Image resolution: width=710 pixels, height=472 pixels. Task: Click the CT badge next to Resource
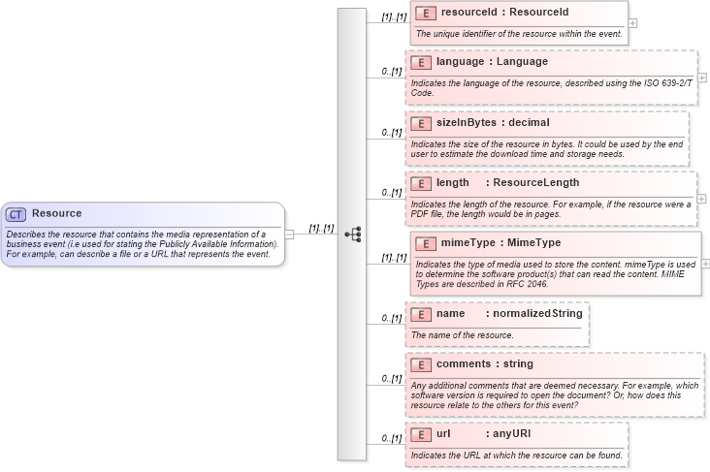16,214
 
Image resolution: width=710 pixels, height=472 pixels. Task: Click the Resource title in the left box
56,213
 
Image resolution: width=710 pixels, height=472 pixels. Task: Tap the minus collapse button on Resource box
289,234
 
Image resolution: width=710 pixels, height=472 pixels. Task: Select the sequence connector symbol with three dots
353,234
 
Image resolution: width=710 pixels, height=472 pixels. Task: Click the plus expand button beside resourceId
632,22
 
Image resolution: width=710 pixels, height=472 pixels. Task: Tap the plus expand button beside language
702,78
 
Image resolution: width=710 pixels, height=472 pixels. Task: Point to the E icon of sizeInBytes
421,123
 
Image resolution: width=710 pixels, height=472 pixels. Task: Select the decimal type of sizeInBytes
529,123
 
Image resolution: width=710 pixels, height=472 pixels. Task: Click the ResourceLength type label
535,182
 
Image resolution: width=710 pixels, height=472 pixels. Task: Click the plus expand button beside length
702,198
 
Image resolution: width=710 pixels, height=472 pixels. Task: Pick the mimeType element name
467,242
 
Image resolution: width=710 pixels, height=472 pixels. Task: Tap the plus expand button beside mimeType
705,263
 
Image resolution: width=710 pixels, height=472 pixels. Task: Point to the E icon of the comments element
421,364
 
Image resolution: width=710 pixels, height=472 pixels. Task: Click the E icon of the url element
421,434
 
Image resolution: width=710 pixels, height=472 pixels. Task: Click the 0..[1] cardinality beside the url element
391,438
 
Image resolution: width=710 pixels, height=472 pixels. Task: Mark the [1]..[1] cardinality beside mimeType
393,257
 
